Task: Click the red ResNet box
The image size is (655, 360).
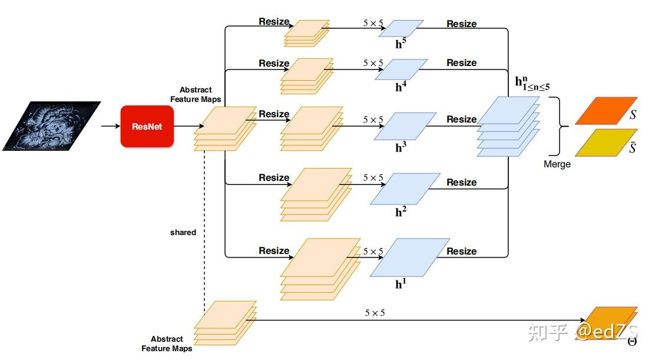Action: pyautogui.click(x=147, y=126)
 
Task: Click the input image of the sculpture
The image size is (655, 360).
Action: pyautogui.click(x=51, y=125)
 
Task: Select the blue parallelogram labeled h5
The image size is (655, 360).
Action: pyautogui.click(x=401, y=29)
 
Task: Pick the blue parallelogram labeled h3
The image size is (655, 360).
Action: pyautogui.click(x=405, y=126)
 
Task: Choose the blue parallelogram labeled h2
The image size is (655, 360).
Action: pyautogui.click(x=405, y=189)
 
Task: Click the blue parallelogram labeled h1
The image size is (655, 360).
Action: pyautogui.click(x=410, y=257)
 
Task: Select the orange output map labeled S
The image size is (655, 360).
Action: pyautogui.click(x=606, y=111)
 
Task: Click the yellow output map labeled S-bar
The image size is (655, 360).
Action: pyautogui.click(x=606, y=143)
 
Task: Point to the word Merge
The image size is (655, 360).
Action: pyautogui.click(x=557, y=164)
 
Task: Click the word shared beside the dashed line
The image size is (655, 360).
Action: pyautogui.click(x=183, y=233)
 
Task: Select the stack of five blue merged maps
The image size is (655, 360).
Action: pyautogui.click(x=508, y=126)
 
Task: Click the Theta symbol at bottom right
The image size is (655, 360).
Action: pyautogui.click(x=632, y=341)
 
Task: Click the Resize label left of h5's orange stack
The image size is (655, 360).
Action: pyautogui.click(x=274, y=22)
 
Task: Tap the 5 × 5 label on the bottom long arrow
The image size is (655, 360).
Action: pyautogui.click(x=374, y=313)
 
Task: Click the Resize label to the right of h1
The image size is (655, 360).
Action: pyautogui.click(x=461, y=252)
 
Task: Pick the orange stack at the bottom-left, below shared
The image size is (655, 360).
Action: pyautogui.click(x=226, y=323)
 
